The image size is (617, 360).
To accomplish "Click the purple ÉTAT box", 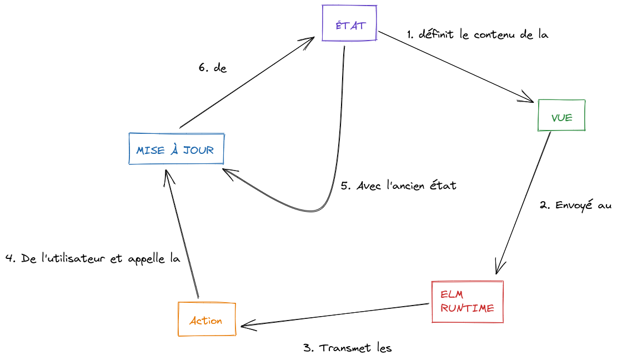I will click(349, 23).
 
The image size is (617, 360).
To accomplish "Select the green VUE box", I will click(561, 116).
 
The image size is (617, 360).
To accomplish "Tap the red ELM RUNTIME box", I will click(467, 302).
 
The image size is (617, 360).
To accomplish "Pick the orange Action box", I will click(207, 319).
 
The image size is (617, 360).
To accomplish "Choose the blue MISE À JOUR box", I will click(176, 149).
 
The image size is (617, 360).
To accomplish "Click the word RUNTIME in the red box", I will click(467, 308).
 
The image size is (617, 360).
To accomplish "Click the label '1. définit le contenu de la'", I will click(478, 34).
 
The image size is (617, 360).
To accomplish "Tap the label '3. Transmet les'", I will click(348, 348).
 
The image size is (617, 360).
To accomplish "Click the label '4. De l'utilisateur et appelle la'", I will click(93, 258).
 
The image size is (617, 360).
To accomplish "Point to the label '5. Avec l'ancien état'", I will click(398, 186).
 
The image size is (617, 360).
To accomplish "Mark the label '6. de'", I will click(213, 68).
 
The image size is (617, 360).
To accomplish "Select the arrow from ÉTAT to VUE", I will click(455, 67).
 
